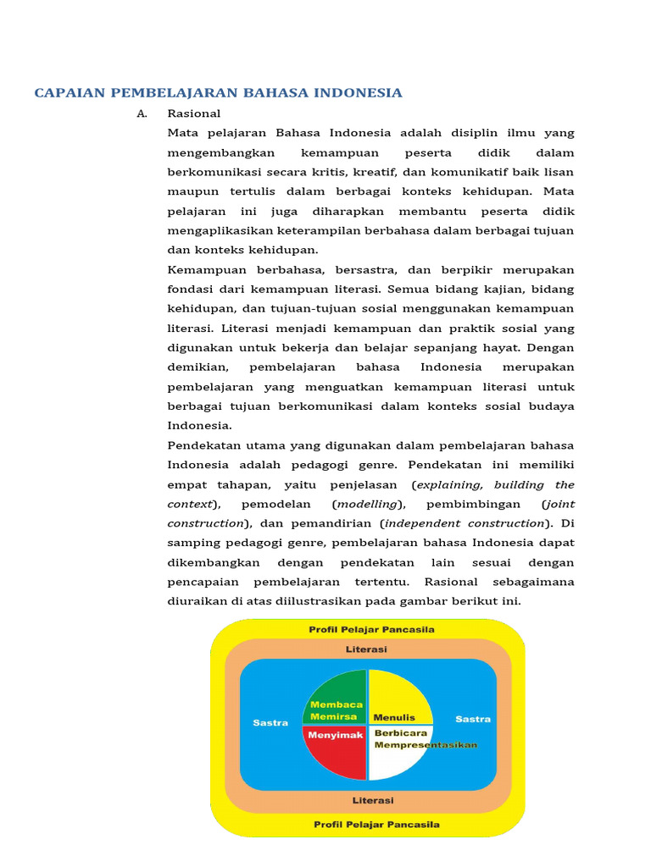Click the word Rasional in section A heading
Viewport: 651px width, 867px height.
click(194, 113)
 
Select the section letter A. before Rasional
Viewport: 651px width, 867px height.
click(142, 113)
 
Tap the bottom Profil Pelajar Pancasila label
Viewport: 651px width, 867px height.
click(376, 824)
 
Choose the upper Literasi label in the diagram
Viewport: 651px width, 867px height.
click(366, 649)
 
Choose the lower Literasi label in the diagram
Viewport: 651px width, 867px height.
click(372, 800)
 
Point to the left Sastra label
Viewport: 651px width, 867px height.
click(270, 722)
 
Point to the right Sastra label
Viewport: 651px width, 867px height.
click(472, 719)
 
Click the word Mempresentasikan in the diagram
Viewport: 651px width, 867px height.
click(426, 745)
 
